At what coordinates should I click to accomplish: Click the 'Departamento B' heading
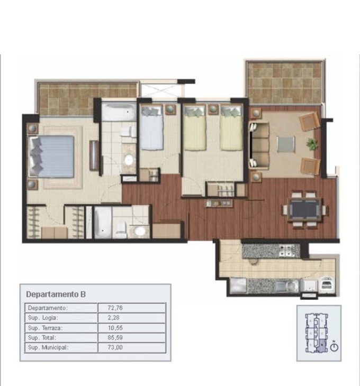click(x=56, y=294)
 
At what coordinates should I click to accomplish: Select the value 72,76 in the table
click(x=115, y=308)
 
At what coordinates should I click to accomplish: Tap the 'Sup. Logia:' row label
click(x=43, y=318)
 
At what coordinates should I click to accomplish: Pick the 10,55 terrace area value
click(x=115, y=328)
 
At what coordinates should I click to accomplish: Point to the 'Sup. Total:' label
click(x=42, y=337)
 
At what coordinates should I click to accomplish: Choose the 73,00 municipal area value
click(x=115, y=347)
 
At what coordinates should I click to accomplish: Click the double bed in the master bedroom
click(x=51, y=157)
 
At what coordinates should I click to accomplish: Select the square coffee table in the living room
click(x=286, y=144)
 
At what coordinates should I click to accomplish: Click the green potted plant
click(x=311, y=143)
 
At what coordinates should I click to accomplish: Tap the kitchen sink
click(x=287, y=286)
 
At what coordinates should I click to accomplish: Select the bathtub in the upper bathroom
click(x=119, y=112)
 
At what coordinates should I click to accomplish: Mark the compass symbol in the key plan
click(x=334, y=347)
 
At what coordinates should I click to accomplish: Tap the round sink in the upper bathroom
click(x=129, y=160)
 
